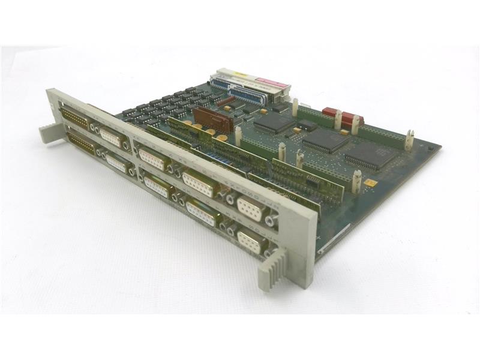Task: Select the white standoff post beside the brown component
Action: [x=238, y=136]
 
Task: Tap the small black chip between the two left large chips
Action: [x=307, y=124]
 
